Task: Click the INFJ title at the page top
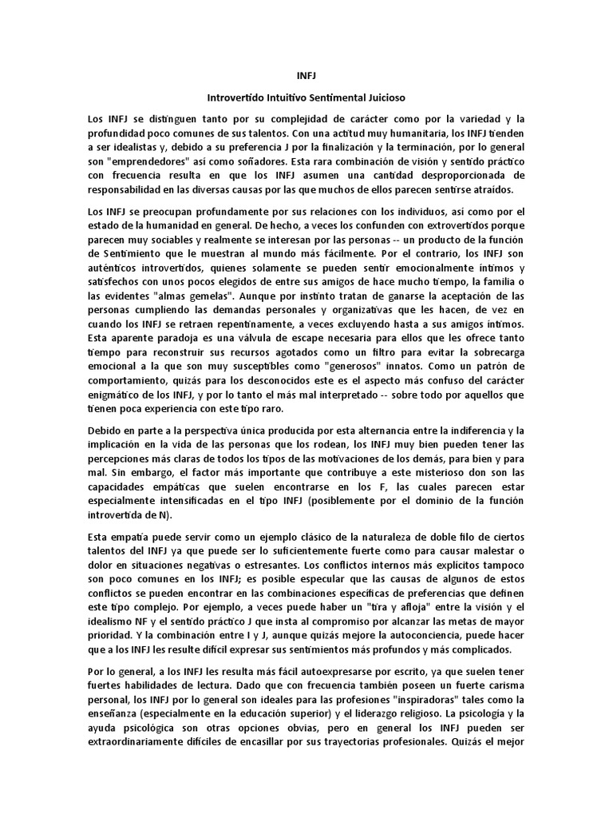pyautogui.click(x=306, y=77)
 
